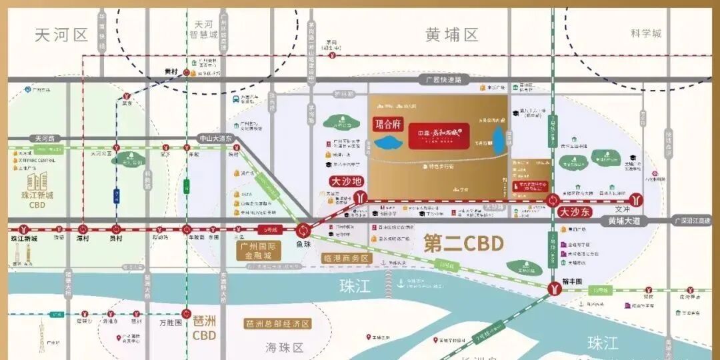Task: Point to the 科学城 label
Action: [x=646, y=33]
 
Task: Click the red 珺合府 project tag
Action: [x=388, y=124]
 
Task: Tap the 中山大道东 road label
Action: [x=215, y=138]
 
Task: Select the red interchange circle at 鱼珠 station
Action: [x=304, y=230]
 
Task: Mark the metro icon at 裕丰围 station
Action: [x=555, y=288]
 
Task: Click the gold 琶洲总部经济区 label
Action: [x=277, y=324]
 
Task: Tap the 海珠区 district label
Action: [x=285, y=347]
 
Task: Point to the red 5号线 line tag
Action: [x=267, y=230]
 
